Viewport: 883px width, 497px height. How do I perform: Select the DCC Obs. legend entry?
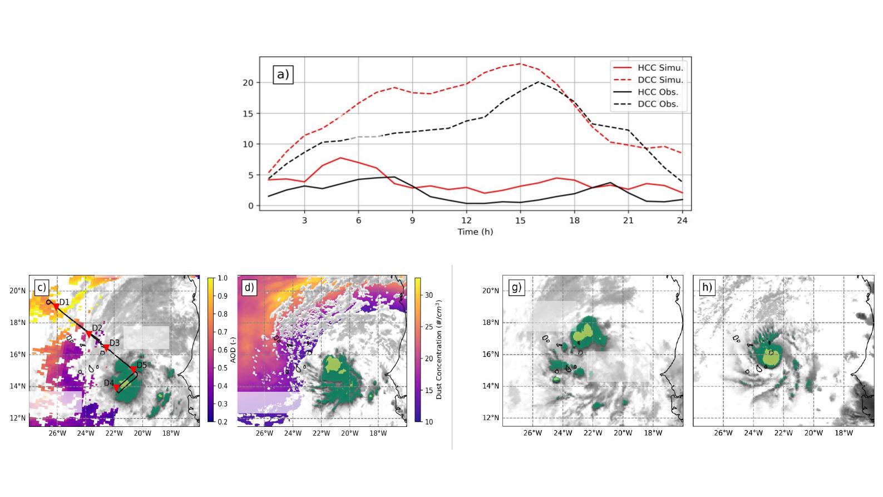tap(658, 104)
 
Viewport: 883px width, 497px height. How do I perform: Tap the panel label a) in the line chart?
tap(283, 75)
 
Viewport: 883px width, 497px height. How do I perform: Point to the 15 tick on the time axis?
tap(520, 220)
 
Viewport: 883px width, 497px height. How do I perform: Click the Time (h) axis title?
tap(475, 232)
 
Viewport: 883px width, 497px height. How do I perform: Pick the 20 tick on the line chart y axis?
tap(248, 82)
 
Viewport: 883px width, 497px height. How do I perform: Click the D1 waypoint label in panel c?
tap(64, 302)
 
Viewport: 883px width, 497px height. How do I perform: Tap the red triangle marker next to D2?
tap(88, 334)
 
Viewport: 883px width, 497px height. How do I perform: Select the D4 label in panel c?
tap(108, 383)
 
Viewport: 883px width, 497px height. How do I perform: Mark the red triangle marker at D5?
tap(134, 369)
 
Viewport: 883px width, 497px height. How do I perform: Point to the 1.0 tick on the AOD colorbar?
tap(222, 278)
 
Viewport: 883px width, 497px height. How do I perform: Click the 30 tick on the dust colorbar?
tap(429, 296)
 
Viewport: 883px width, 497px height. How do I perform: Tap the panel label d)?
tap(249, 287)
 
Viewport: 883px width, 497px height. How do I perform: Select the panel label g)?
tap(516, 287)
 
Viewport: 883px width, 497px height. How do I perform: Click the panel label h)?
tap(707, 287)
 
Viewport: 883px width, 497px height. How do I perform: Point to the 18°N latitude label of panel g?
tap(490, 323)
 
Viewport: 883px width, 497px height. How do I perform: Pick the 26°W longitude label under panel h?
tap(723, 433)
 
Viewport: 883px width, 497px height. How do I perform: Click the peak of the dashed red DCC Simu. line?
tap(520, 63)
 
